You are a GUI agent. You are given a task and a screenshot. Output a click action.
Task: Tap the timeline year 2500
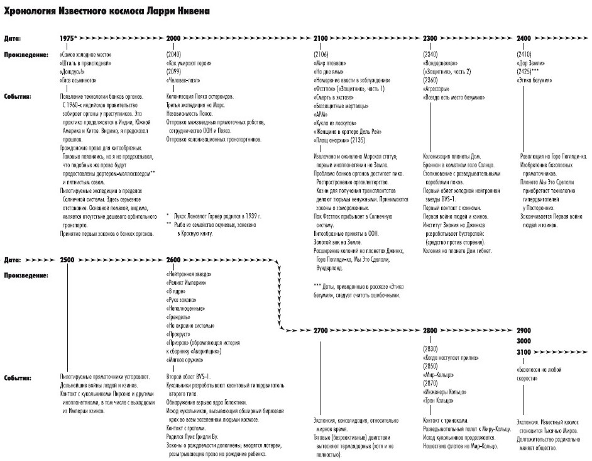[x=69, y=259]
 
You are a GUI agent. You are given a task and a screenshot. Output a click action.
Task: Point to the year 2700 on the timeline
[x=321, y=330]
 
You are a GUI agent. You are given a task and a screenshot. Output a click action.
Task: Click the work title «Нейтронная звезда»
[x=189, y=275]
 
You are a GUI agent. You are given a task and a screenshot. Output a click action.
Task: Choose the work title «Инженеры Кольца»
[x=445, y=391]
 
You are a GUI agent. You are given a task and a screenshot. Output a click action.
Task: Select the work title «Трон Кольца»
[x=440, y=400]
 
